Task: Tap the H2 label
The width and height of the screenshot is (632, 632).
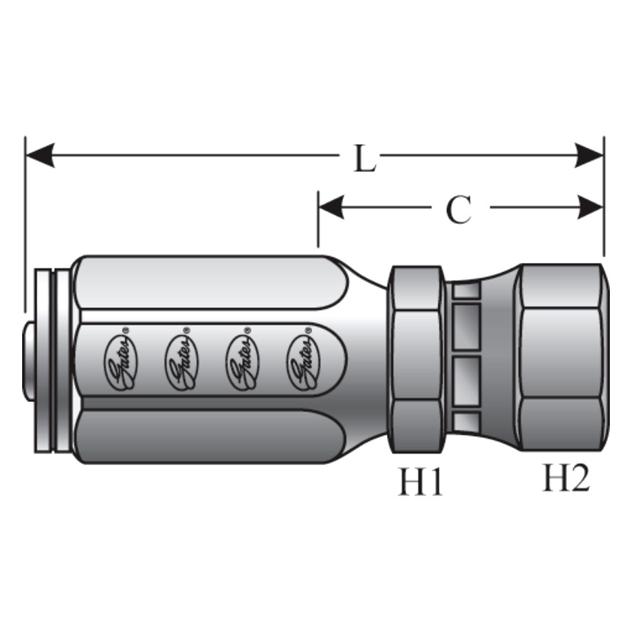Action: (x=566, y=478)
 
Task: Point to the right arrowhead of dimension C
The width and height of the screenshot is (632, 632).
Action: (x=590, y=207)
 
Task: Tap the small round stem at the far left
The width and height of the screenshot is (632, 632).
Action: (x=28, y=359)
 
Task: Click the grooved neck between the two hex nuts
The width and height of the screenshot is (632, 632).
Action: (x=466, y=359)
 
